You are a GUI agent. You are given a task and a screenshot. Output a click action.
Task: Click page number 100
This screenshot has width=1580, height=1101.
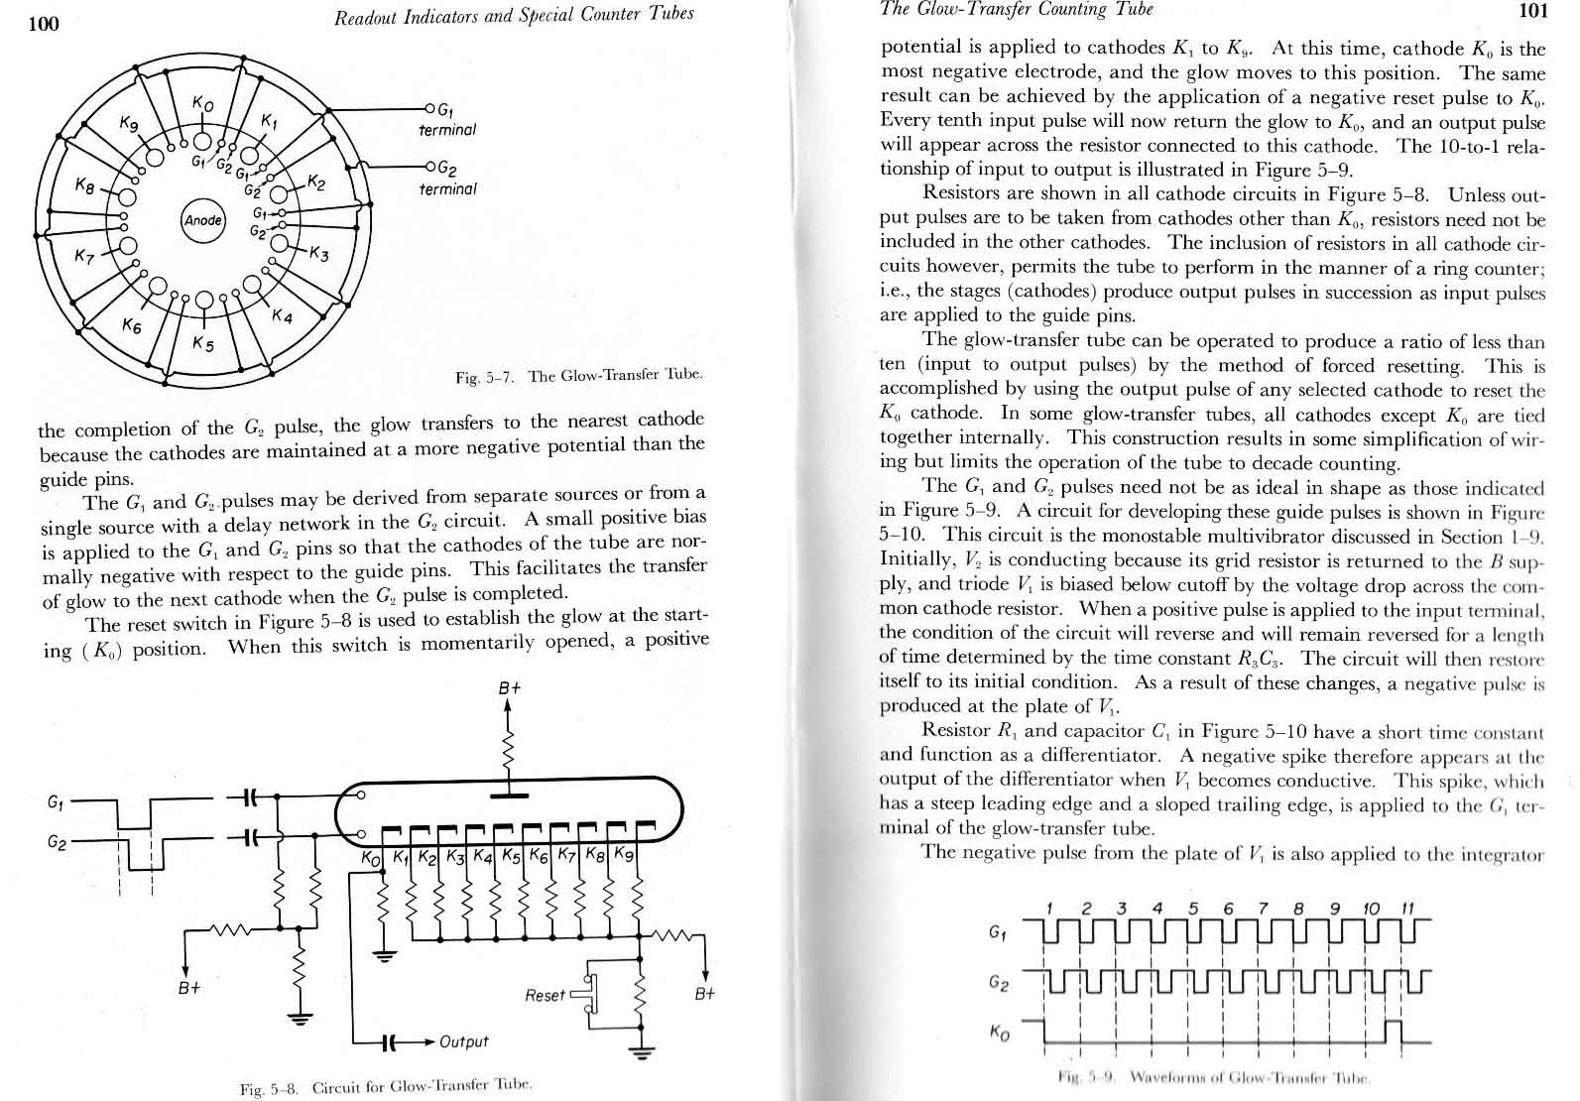point(45,24)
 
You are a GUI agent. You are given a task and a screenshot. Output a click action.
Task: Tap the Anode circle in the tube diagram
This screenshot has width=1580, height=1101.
point(202,219)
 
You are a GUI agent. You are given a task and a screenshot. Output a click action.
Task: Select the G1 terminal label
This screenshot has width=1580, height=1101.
point(447,120)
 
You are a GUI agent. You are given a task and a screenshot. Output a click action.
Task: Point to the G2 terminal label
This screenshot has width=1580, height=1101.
point(447,179)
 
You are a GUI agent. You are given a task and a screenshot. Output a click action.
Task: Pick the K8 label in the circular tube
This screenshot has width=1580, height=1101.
point(87,185)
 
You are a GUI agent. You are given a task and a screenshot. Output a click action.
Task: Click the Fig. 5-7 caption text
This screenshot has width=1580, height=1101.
point(579,376)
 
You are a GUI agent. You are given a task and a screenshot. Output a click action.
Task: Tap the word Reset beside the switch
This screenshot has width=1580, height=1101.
point(545,994)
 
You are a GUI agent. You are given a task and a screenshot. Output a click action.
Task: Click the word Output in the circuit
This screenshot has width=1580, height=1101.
point(463,1041)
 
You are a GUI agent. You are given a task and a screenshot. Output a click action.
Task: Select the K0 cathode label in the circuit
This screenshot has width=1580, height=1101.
point(370,857)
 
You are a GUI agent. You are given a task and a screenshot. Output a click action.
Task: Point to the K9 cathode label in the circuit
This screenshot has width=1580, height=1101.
point(624,854)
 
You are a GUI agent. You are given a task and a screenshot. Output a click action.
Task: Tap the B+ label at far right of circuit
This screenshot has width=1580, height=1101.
point(704,993)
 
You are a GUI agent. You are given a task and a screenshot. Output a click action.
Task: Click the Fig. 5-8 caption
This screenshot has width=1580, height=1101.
point(387,1087)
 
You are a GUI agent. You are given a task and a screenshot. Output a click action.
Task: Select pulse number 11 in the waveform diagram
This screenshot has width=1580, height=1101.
point(1406,908)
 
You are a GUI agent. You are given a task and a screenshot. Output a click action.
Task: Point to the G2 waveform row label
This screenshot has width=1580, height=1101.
point(999,982)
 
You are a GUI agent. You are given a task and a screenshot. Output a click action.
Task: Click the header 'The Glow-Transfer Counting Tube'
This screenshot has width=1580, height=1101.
point(1017,10)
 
